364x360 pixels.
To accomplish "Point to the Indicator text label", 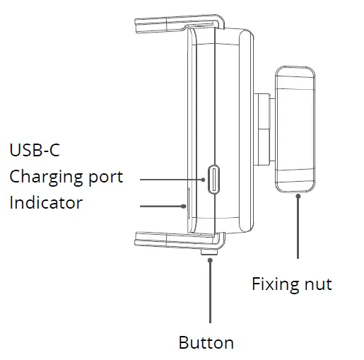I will pos(46,203).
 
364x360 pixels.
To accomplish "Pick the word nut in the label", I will pos(317,285).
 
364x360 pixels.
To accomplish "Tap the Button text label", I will pos(206,343).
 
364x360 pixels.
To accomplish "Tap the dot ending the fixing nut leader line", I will pos(298,196).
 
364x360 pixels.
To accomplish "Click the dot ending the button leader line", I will pos(210,260).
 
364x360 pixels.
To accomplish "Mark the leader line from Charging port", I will pos(170,178).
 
